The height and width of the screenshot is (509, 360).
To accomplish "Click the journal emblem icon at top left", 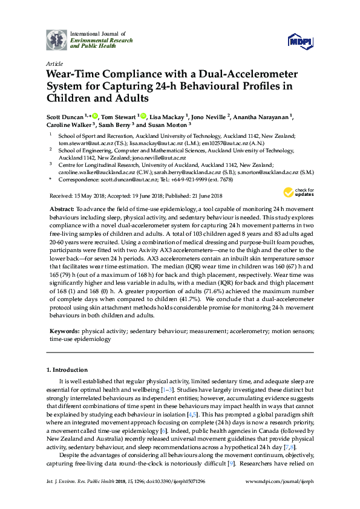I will pyautogui.click(x=56, y=40).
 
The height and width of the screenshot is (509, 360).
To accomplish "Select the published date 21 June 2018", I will pyautogui.click(x=208, y=196).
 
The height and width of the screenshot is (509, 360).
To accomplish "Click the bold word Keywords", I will pyautogui.click(x=64, y=332).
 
